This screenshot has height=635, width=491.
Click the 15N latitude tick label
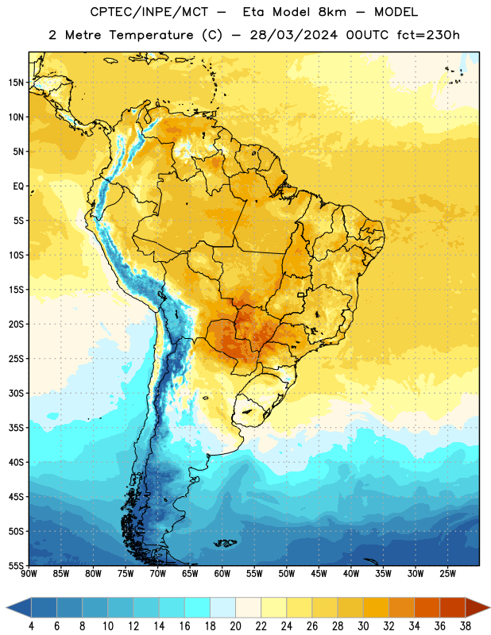point(16,83)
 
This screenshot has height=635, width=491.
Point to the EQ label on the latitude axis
point(18,187)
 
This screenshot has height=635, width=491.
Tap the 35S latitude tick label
point(16,428)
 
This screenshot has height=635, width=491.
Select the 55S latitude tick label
point(16,565)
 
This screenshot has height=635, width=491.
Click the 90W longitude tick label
point(29,574)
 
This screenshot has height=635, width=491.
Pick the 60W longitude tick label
point(222,574)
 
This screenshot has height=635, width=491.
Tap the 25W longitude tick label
point(447,574)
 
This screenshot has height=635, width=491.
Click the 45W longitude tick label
point(319,574)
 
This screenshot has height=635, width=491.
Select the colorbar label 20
point(235,626)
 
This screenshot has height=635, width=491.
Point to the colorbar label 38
point(466,626)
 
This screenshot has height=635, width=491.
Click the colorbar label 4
point(31,626)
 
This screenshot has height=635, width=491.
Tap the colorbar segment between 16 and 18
point(198,607)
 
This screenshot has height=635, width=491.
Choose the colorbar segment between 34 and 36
point(427,607)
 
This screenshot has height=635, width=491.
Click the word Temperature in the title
point(151,35)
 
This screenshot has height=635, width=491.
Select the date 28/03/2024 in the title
point(293,35)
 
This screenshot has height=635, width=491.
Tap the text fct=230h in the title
point(428,35)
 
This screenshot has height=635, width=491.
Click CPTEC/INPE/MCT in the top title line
point(149,12)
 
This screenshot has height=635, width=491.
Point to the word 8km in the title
point(332,12)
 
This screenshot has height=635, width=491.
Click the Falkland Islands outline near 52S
point(225,543)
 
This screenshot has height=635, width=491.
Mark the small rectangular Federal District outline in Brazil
point(301,294)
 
